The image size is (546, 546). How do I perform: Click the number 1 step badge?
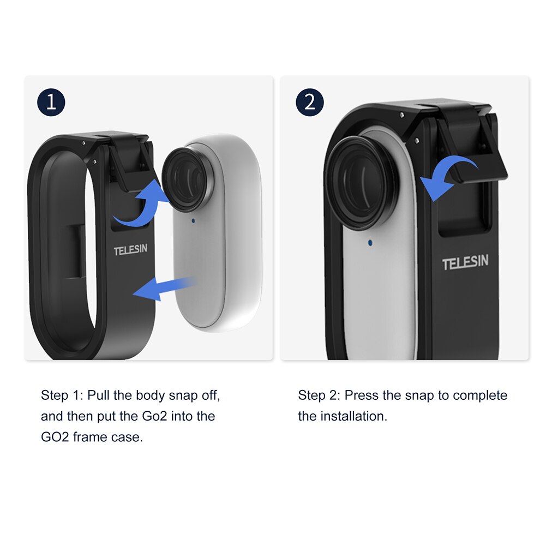(x=51, y=102)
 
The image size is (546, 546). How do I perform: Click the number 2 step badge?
(x=310, y=102)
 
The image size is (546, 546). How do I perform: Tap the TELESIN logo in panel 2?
(x=465, y=263)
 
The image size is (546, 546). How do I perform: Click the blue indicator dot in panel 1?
(x=193, y=221)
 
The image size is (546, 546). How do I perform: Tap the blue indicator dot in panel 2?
(x=370, y=242)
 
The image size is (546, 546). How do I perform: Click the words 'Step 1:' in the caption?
(x=62, y=395)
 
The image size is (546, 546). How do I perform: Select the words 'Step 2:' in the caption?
(x=319, y=395)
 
